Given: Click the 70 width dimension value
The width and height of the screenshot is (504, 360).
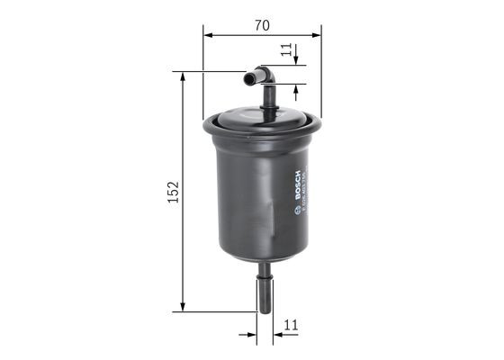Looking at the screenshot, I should tap(262, 26).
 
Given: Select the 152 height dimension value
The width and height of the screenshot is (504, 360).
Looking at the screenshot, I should tap(175, 191).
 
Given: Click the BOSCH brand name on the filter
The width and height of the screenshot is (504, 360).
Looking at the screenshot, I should tap(296, 184).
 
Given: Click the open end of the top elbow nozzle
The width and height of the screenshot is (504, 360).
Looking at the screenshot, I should tap(247, 79).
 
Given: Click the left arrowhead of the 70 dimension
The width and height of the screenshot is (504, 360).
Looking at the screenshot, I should tap(208, 36).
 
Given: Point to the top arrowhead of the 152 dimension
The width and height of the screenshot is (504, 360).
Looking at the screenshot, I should tap(184, 77).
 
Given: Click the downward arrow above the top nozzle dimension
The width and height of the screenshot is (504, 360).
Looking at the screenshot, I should tap(295, 63).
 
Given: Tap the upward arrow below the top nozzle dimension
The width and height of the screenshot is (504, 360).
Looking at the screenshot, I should tap(295, 91).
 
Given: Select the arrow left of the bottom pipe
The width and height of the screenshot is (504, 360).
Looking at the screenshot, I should tap(251, 334).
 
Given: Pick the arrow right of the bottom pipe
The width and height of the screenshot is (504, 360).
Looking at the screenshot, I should tap(280, 334).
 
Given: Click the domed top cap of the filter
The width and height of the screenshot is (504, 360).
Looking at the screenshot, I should tap(262, 119).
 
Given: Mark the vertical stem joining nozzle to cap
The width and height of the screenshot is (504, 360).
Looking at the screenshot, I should tap(267, 97).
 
